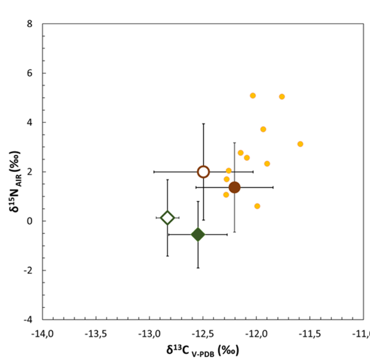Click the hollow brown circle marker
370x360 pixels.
[x=203, y=172]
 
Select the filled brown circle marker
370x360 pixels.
[x=234, y=188]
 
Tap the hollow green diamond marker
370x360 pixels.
[x=168, y=218]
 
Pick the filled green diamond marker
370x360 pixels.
[x=198, y=235]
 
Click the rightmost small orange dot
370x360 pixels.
[x=300, y=144]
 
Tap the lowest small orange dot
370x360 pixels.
[x=257, y=206]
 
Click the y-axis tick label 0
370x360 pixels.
[x=30, y=221]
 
